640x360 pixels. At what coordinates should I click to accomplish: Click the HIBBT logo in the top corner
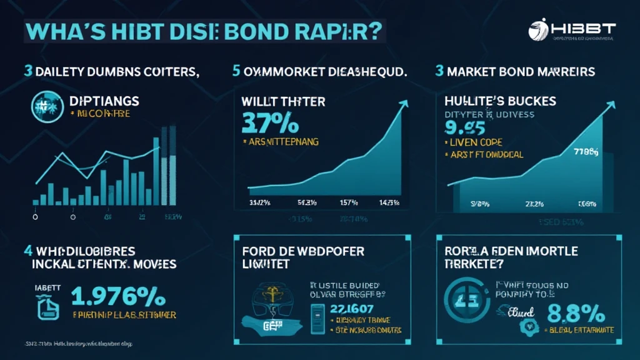click(x=571, y=31)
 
